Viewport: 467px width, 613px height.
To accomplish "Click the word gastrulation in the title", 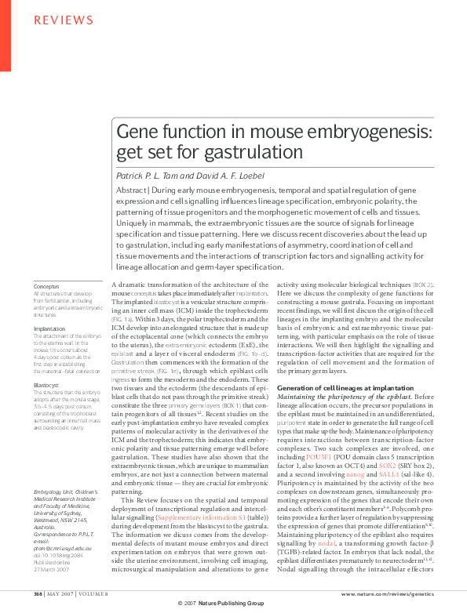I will point(235,151).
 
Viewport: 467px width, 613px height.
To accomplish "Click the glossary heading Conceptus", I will point(46,287).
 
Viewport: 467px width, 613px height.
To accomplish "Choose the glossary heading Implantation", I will point(49,329).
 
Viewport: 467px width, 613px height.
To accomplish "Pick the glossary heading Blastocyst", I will point(47,386).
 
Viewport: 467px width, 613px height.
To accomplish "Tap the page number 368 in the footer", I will point(38,594).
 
